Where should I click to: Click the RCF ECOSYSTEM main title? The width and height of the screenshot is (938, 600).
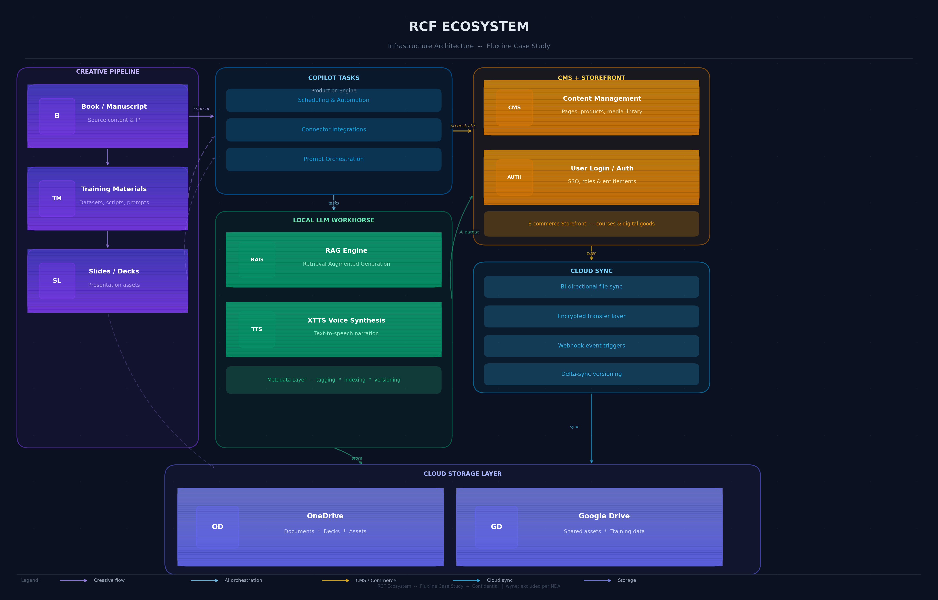(x=469, y=27)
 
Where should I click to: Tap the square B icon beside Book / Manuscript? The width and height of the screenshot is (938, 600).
(x=57, y=116)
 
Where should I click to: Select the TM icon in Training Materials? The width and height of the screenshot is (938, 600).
(x=57, y=198)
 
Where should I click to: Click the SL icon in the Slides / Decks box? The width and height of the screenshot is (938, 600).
(x=57, y=281)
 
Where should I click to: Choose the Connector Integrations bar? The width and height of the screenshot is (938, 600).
(x=334, y=130)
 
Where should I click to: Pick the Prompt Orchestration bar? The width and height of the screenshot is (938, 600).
(x=334, y=159)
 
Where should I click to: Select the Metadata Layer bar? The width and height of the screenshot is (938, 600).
(x=334, y=380)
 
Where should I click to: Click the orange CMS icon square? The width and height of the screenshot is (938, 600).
(x=515, y=107)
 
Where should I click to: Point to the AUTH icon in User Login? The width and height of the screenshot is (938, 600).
(x=515, y=177)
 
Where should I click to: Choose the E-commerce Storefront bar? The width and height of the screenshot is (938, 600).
(x=591, y=224)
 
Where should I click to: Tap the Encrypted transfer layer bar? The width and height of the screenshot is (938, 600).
(x=591, y=316)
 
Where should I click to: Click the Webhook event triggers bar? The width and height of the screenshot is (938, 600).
(x=591, y=346)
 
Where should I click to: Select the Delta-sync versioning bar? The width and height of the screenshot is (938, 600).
(x=591, y=374)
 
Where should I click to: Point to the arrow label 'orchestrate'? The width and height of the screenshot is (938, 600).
(x=463, y=126)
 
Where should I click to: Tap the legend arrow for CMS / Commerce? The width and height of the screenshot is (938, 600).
(x=335, y=581)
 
